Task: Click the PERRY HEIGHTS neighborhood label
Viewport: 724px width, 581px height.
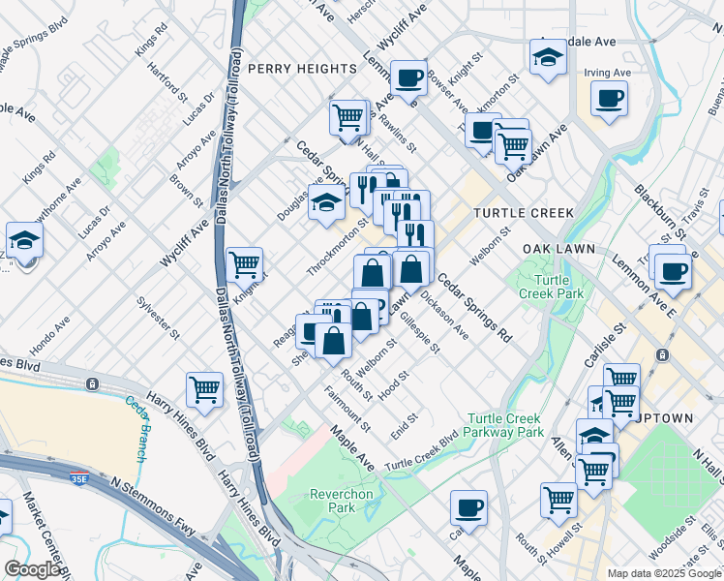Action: pyautogui.click(x=301, y=69)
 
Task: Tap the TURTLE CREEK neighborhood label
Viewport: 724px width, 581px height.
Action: pyautogui.click(x=523, y=213)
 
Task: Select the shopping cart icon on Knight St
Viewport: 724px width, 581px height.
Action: pyautogui.click(x=245, y=262)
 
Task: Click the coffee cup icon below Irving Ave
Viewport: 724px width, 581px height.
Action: pyautogui.click(x=609, y=98)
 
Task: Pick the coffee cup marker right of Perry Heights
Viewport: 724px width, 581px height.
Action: pyautogui.click(x=408, y=77)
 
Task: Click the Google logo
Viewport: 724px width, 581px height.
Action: pyautogui.click(x=32, y=569)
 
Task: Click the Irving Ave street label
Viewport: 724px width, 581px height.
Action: pyautogui.click(x=607, y=73)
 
